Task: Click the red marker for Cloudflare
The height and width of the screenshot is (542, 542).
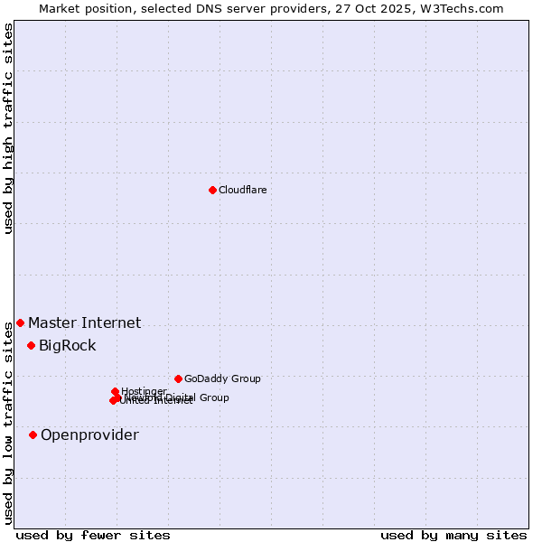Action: pos(212,190)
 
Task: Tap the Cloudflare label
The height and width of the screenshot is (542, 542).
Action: pos(242,190)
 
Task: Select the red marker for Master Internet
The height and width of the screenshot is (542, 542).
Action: pos(20,322)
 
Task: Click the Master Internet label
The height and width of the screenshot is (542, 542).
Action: pos(84,322)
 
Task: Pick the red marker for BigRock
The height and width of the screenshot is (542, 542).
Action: pos(31,345)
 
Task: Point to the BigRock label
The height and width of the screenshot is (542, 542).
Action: pos(67,345)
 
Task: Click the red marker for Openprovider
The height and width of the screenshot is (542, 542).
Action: pos(33,435)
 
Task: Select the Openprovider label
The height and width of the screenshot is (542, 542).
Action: pos(89,435)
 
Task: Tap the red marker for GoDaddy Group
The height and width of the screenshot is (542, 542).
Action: pos(178,378)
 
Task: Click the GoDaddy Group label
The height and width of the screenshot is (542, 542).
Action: pos(221,378)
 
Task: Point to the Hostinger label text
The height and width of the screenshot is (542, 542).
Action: pos(144,391)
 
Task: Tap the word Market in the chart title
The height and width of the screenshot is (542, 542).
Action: pos(60,8)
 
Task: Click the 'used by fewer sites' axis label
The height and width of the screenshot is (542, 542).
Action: pos(93,535)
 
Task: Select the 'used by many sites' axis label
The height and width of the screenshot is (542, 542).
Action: pos(453,535)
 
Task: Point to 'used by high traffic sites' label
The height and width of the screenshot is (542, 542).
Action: pos(8,128)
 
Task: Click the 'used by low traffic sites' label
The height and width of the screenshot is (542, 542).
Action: pos(8,423)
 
